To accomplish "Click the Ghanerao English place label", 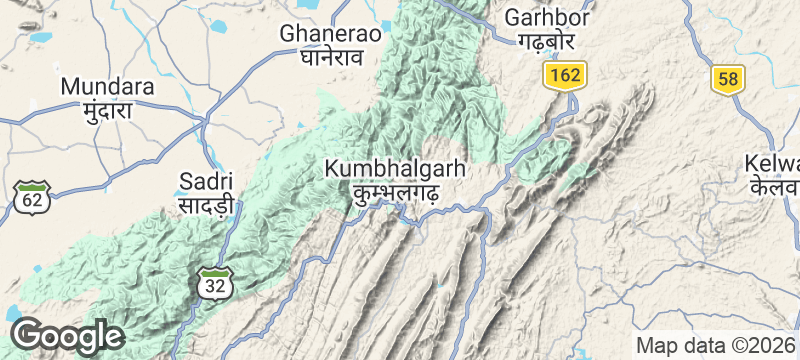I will click(x=331, y=33).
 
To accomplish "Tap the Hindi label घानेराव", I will click(x=331, y=57).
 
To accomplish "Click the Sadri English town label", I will click(x=206, y=181).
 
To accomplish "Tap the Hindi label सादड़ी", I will click(x=206, y=206).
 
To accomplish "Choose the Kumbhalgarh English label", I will click(x=395, y=170).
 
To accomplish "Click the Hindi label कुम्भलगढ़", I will click(x=395, y=194).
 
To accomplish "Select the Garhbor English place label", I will click(x=547, y=17).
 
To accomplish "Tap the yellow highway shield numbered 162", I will click(x=565, y=75).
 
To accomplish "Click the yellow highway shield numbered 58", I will click(x=728, y=79).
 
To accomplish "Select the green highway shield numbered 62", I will click(x=33, y=197).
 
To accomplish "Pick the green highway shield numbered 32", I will click(x=214, y=282).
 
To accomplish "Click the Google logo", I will click(x=67, y=335).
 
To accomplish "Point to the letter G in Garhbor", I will click(x=513, y=17).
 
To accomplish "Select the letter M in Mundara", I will click(x=70, y=86).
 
